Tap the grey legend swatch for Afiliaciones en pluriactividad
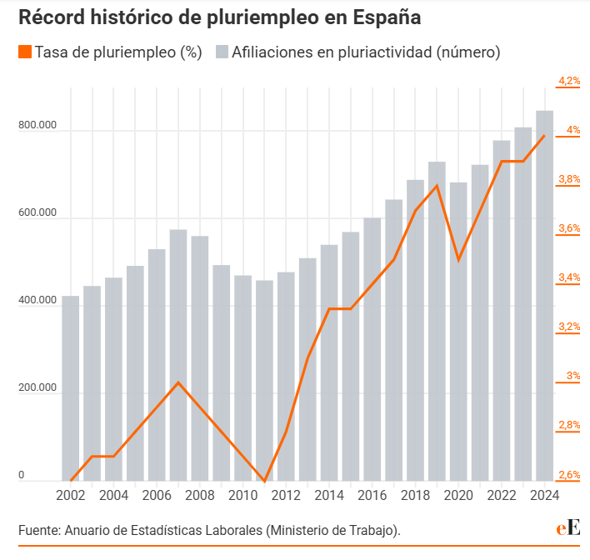point(222,52)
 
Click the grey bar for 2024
point(544,296)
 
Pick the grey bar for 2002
point(71,388)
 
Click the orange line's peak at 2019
point(437,186)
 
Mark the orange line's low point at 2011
point(264,481)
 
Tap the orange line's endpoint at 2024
point(544,136)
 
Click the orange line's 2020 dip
point(458,260)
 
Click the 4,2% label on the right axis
point(569,81)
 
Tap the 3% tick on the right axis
point(572,376)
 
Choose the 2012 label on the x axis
point(286,495)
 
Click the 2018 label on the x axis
point(415,495)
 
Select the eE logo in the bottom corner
point(569,528)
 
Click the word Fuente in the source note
point(38,529)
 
